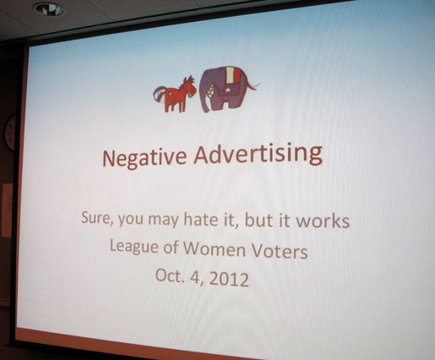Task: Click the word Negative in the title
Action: (x=144, y=158)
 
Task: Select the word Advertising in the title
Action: (x=258, y=155)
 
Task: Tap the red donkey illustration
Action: (x=175, y=94)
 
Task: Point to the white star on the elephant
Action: (x=227, y=90)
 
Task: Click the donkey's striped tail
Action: (x=160, y=94)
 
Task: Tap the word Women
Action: (x=215, y=249)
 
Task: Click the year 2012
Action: (x=230, y=279)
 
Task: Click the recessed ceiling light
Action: (x=49, y=9)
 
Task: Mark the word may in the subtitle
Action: (x=163, y=220)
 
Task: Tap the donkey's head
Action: (x=189, y=87)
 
